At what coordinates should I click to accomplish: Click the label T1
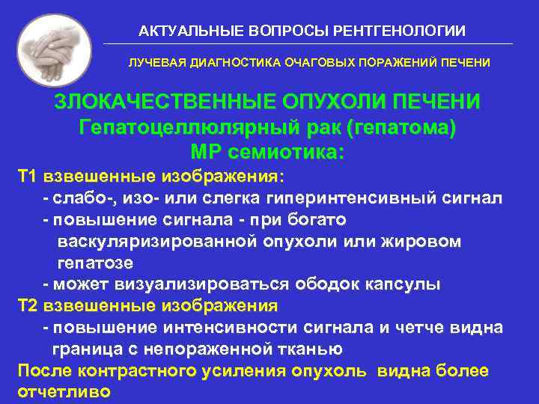[27, 177]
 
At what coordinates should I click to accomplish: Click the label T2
[27, 306]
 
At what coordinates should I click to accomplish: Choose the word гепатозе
[95, 263]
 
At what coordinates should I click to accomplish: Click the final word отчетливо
[64, 392]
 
